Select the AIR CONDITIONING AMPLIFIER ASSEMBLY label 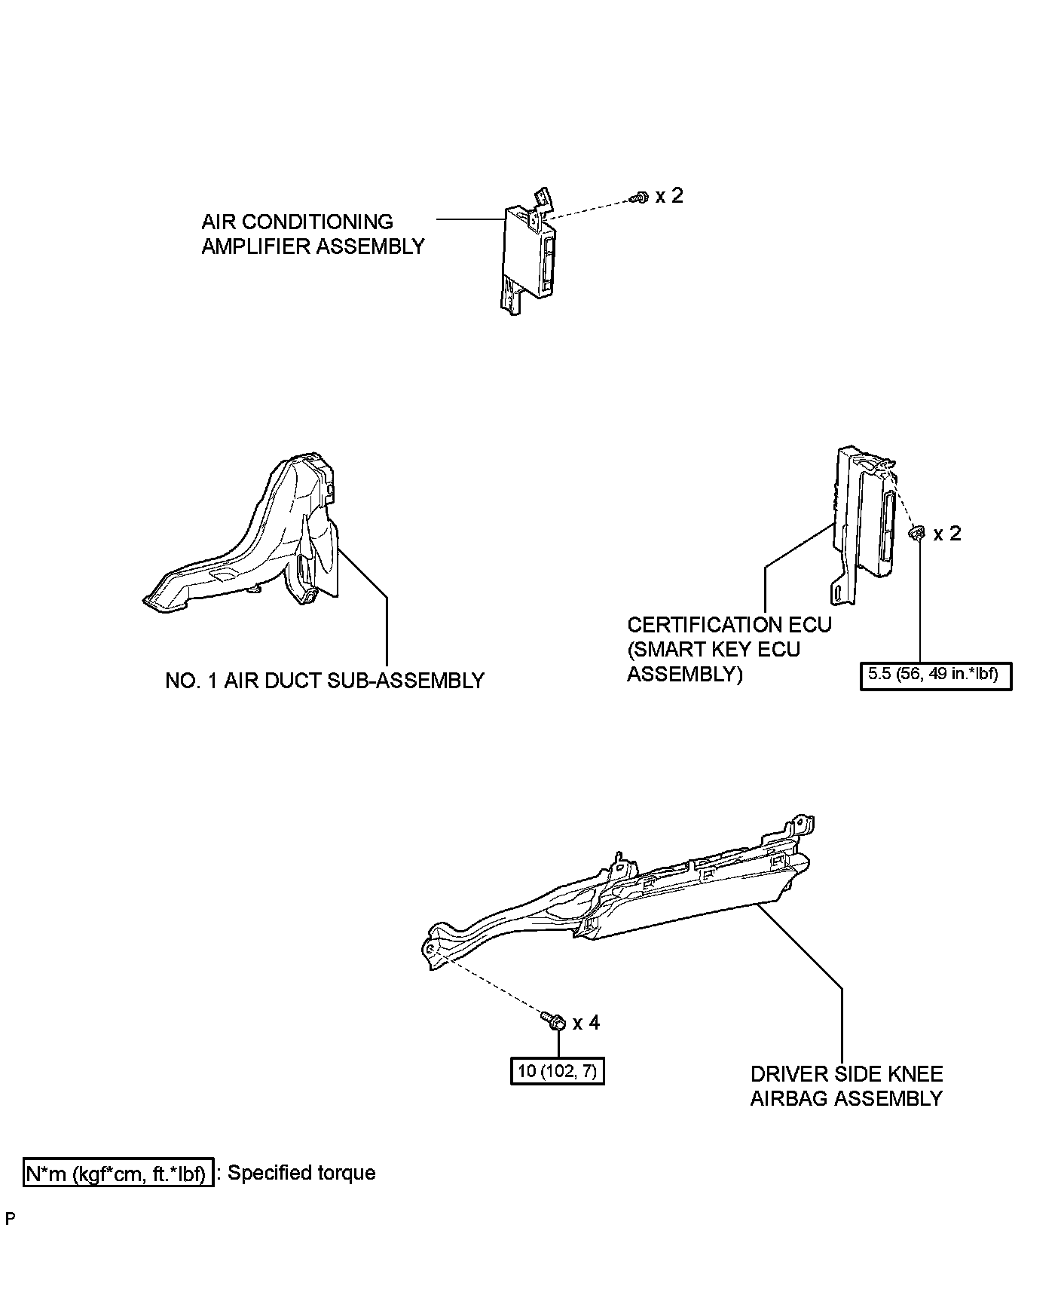coord(313,234)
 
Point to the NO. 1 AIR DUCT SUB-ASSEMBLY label coord(324,681)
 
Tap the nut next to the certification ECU coord(917,534)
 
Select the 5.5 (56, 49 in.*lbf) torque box coord(934,675)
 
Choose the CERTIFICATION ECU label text coord(729,625)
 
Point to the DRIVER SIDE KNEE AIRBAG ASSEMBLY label coord(846,1086)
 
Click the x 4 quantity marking coord(586,1023)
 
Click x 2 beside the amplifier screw coord(669,196)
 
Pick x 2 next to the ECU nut coord(947,534)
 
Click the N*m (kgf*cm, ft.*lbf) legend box coord(118,1174)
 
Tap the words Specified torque coord(301,1173)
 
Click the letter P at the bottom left coord(10,1219)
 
